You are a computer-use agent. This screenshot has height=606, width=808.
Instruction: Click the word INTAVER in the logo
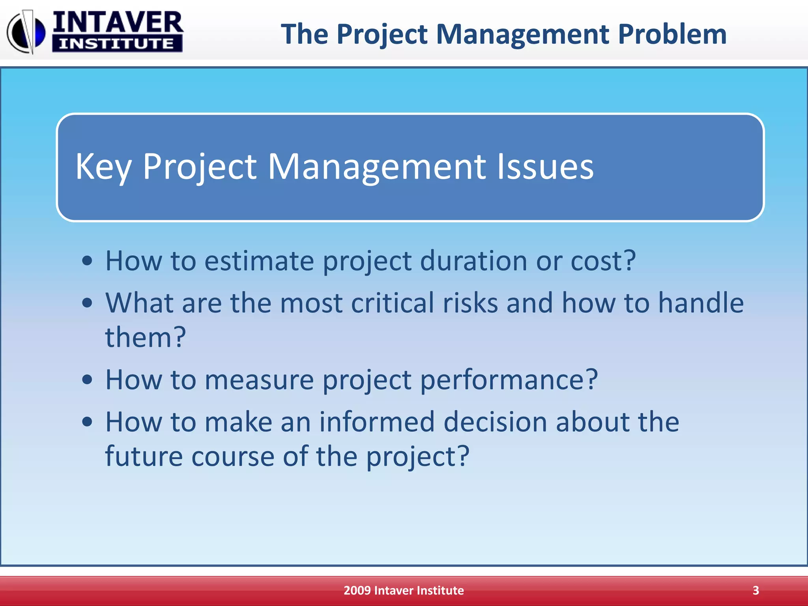(x=118, y=23)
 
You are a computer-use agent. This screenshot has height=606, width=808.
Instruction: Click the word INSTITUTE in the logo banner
(x=117, y=44)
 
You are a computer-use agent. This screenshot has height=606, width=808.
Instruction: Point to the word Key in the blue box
(x=103, y=167)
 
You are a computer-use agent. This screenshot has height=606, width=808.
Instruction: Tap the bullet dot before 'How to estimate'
(x=87, y=261)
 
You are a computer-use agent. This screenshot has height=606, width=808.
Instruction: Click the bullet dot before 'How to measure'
(x=87, y=380)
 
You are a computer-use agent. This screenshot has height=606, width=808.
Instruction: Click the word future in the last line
(x=144, y=456)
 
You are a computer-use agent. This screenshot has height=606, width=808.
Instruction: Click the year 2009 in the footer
(x=357, y=591)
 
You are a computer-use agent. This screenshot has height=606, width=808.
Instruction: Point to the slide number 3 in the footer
(x=756, y=591)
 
